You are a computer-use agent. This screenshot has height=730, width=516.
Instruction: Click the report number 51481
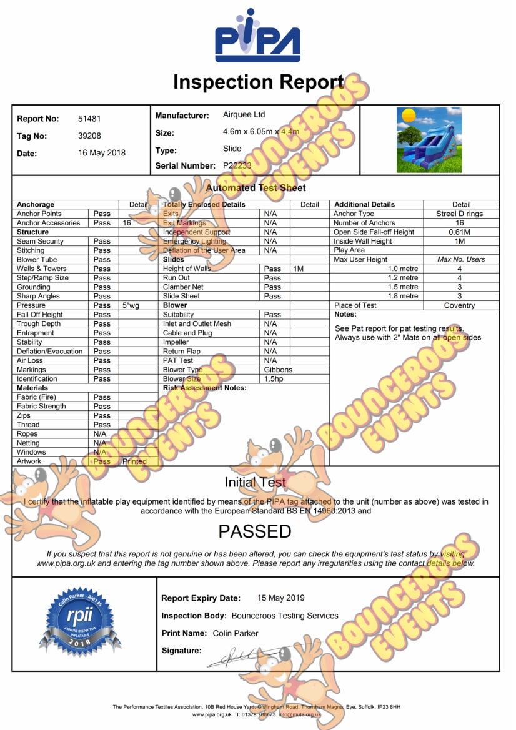89,119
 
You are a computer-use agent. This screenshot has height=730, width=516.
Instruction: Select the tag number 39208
89,136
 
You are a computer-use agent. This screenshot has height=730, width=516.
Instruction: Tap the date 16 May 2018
102,153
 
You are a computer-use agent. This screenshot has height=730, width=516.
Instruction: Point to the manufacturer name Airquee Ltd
244,115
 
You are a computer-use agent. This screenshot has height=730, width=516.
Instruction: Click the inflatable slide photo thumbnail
429,140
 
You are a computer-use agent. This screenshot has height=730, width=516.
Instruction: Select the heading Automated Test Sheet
256,187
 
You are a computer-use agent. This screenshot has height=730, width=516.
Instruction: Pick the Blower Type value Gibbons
278,370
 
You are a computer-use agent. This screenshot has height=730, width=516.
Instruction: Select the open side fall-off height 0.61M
460,232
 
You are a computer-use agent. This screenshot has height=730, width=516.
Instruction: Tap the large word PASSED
255,531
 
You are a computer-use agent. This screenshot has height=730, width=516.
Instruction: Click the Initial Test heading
255,482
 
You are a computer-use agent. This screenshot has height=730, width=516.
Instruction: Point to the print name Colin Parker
236,633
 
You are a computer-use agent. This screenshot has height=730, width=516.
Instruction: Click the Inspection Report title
258,82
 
